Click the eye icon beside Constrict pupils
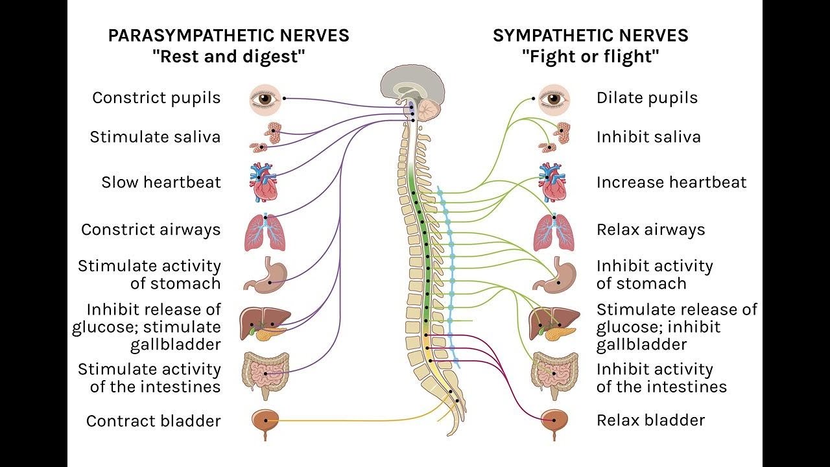265,99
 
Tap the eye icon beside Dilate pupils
554,99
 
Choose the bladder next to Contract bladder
265,422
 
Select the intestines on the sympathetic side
554,374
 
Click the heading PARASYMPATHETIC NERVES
228,36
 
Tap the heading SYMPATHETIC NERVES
590,36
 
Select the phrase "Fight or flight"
590,57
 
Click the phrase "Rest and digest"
228,57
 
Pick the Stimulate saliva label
155,138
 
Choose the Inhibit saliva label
648,138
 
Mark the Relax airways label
650,230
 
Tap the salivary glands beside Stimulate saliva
267,138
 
